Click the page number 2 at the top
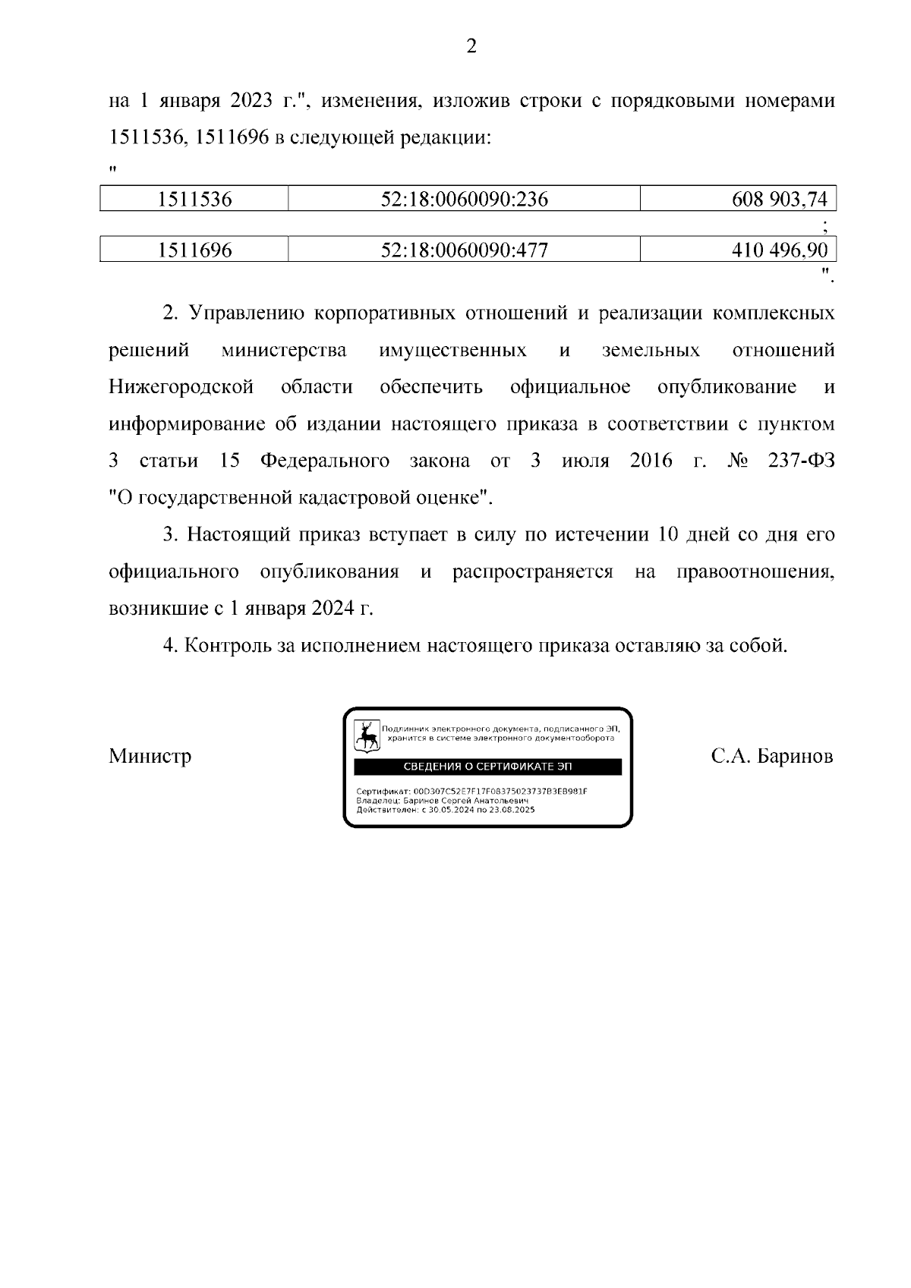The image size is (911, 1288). pyautogui.click(x=471, y=47)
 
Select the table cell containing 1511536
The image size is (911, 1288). pyautogui.click(x=194, y=200)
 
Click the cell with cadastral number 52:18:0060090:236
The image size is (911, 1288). pyautogui.click(x=464, y=200)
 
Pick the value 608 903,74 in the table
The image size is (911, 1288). pyautogui.click(x=779, y=200)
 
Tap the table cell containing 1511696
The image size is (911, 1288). pyautogui.click(x=194, y=250)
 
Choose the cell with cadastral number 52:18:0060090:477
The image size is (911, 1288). pyautogui.click(x=464, y=250)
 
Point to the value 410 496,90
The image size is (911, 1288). pyautogui.click(x=779, y=250)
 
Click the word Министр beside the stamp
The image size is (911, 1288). pyautogui.click(x=150, y=757)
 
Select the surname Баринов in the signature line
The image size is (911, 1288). pyautogui.click(x=795, y=757)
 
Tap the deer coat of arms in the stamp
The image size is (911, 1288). pyautogui.click(x=367, y=736)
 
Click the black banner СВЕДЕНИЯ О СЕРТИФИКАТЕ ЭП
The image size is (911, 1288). pyautogui.click(x=488, y=767)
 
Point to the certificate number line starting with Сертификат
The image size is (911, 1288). pyautogui.click(x=471, y=791)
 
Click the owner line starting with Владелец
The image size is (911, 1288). pyautogui.click(x=442, y=800)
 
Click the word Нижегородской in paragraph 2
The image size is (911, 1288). pyautogui.click(x=181, y=387)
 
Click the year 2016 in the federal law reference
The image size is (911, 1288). pyautogui.click(x=651, y=461)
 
